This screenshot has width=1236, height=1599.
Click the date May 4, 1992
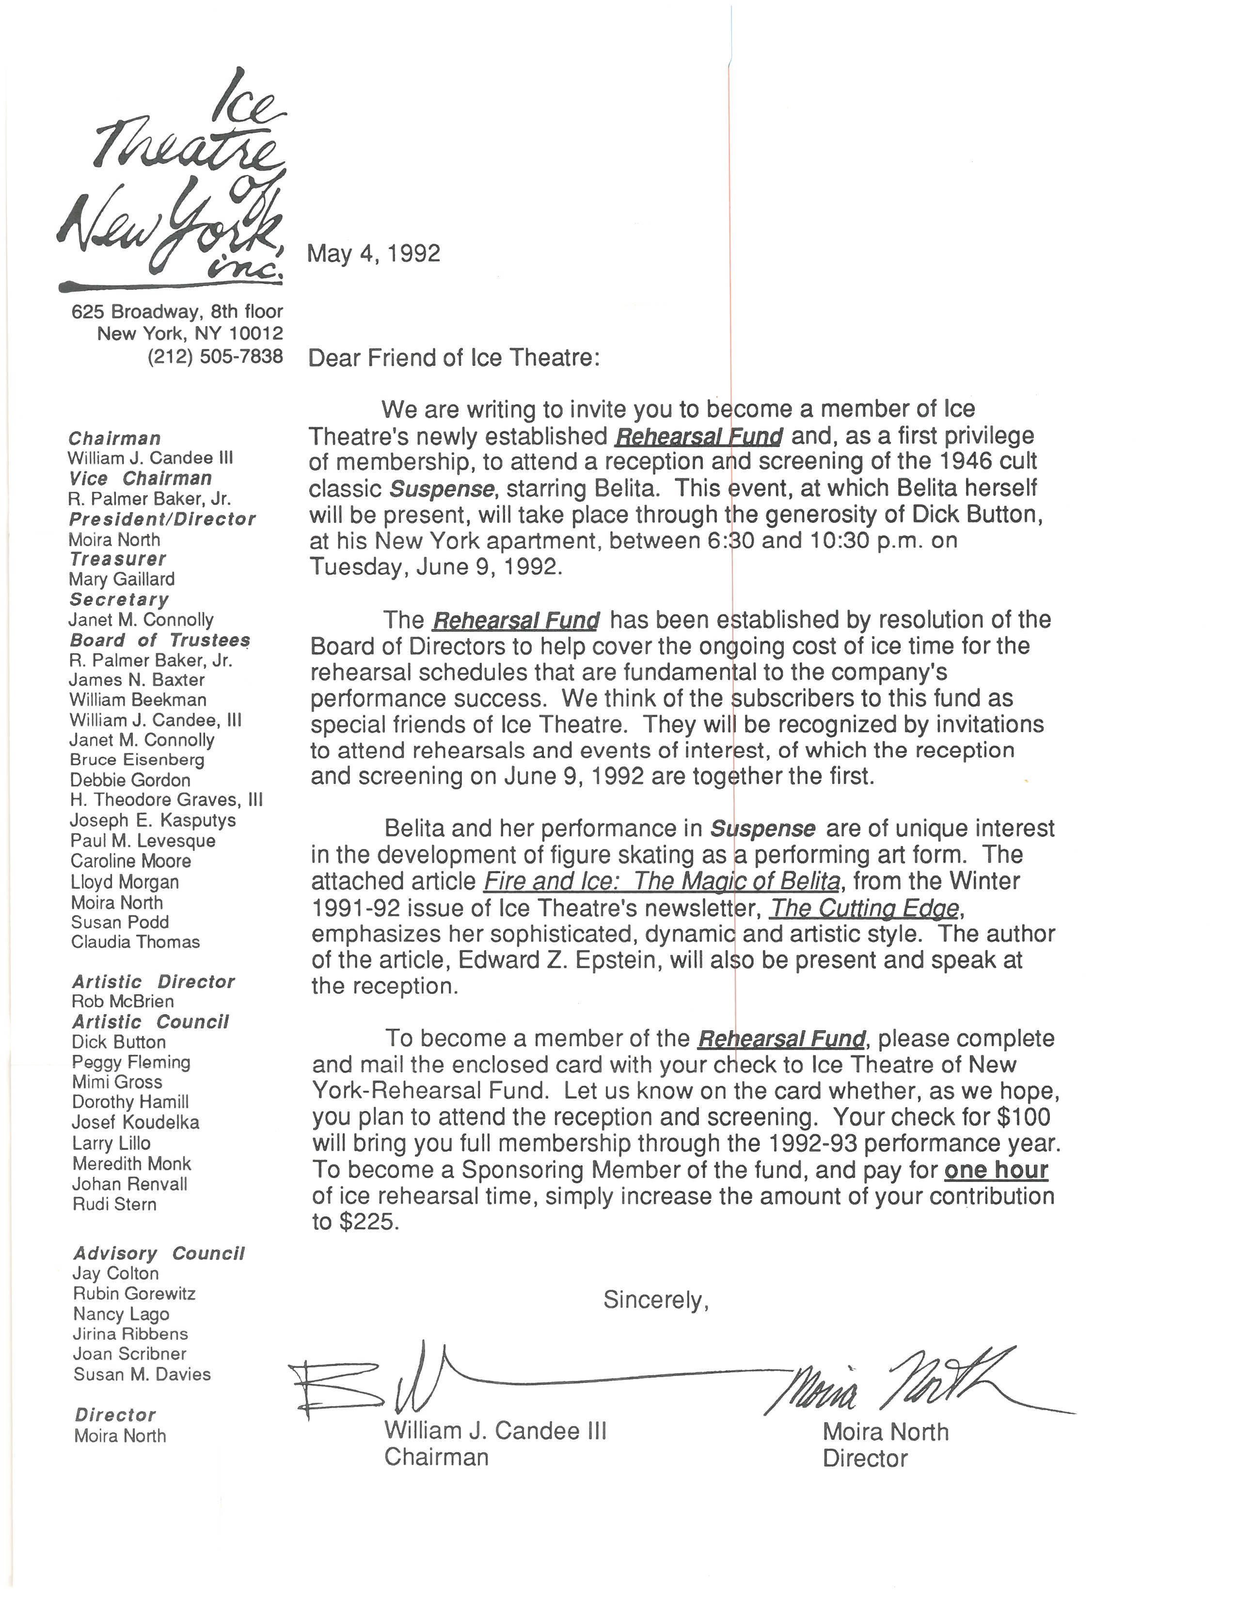coord(373,253)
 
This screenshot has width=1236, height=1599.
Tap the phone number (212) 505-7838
coord(215,357)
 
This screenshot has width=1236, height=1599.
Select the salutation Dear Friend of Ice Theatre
coord(454,358)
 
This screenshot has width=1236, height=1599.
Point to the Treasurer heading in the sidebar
coord(118,559)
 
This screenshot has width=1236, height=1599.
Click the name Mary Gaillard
coord(122,579)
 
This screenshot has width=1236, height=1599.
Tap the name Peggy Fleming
coord(131,1062)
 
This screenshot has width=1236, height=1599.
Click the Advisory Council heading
coord(158,1254)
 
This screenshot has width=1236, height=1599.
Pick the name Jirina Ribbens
coord(130,1333)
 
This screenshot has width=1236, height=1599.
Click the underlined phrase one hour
coord(996,1170)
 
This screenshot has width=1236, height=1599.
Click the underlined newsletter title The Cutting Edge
coord(864,909)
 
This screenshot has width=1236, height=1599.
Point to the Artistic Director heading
coord(153,982)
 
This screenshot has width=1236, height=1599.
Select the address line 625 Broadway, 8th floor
coord(177,312)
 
